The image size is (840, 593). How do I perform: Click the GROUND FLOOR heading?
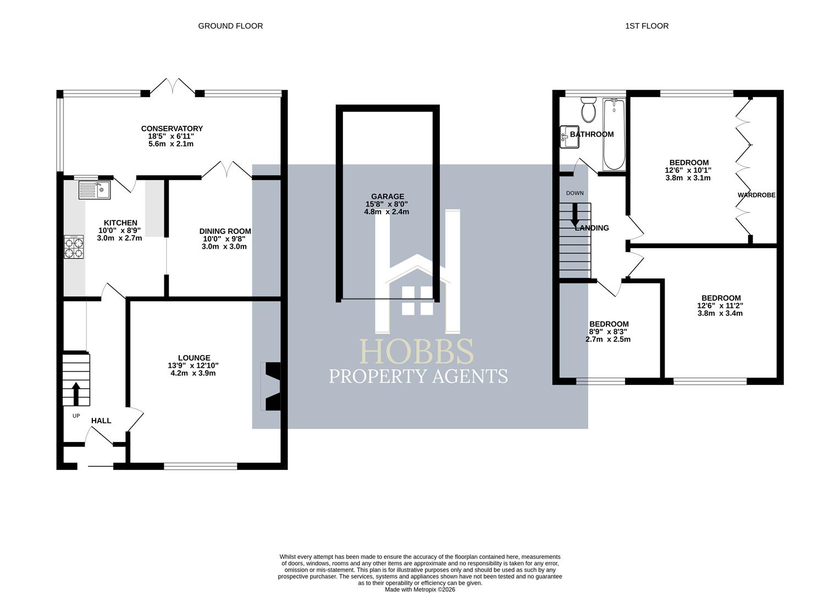(230, 26)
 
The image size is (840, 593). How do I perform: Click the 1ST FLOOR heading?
(646, 26)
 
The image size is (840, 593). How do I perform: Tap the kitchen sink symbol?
(95, 190)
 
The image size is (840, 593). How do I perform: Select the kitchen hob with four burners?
(74, 246)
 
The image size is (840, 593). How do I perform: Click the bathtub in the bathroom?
(614, 135)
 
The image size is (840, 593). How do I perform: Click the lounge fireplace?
(272, 386)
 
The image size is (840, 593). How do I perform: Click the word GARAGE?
(387, 197)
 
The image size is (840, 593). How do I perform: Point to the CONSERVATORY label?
(172, 129)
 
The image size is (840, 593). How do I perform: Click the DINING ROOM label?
(225, 232)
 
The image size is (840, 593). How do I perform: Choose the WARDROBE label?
(756, 195)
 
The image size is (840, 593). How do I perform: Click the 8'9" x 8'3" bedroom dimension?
(607, 332)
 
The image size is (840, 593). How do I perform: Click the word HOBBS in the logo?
(416, 351)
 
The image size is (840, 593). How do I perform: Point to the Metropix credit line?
(419, 589)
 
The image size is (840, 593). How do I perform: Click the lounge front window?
(200, 466)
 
